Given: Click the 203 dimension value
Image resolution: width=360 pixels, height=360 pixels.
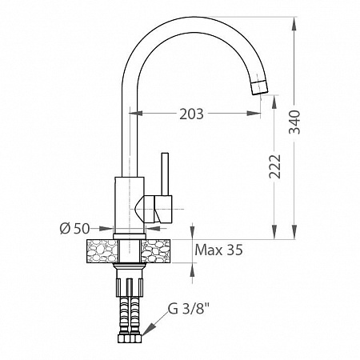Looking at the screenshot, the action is point(191,114).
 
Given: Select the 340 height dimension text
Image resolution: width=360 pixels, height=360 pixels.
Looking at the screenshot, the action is point(295,122).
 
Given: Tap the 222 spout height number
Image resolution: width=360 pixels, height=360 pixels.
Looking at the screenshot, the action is point(275,166).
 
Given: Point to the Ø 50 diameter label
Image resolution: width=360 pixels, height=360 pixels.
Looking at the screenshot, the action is point(74,229).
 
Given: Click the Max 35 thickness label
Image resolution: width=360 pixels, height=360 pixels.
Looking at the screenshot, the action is point(218,250).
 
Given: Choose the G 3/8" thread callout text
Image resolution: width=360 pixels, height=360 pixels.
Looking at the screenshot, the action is point(188,309).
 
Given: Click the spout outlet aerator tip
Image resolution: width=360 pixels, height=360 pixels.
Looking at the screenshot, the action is point(259,87).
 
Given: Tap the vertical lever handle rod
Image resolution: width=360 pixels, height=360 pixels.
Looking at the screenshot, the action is point(165,174).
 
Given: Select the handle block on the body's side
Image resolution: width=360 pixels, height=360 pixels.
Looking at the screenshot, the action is point(158,209).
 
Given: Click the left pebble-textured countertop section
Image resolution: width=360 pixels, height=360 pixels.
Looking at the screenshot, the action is point(102,251).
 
